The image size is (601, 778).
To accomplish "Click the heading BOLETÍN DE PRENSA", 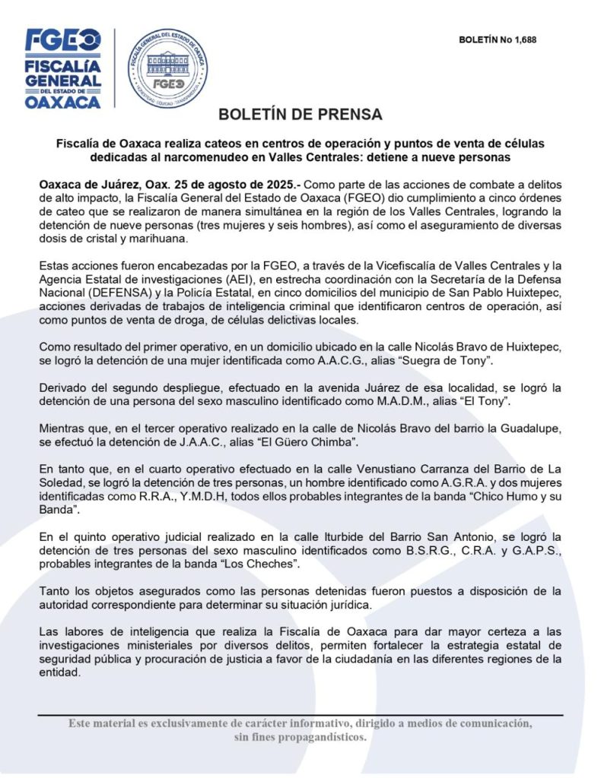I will tap(300, 115).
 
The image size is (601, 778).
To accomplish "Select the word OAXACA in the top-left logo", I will tap(62, 102).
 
